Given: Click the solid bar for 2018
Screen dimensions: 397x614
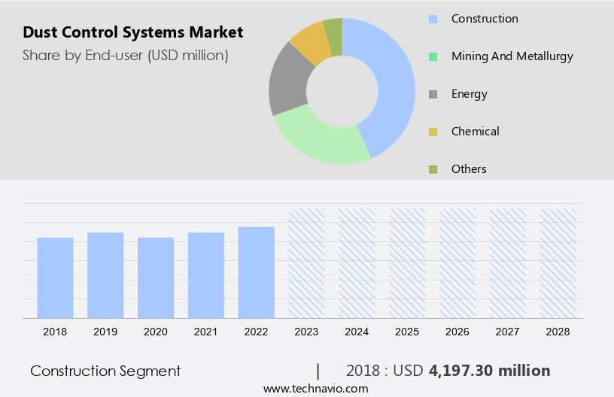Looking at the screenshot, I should [x=55, y=277].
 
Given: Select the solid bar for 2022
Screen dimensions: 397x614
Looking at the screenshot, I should [x=257, y=272].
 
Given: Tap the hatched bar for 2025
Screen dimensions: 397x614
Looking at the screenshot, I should [x=407, y=263].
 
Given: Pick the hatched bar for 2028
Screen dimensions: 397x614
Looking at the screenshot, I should [x=558, y=263].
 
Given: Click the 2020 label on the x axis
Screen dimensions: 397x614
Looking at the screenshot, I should [x=156, y=332].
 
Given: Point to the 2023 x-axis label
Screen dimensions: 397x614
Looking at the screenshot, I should [x=307, y=332].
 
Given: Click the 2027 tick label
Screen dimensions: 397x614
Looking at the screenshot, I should [x=508, y=332].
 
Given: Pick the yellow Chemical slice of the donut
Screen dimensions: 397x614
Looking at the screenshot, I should [x=310, y=42].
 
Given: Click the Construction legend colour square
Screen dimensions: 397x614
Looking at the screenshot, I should [x=433, y=19].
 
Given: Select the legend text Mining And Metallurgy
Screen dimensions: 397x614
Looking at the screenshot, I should [x=512, y=56].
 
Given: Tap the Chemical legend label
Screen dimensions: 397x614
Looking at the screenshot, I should [x=475, y=132].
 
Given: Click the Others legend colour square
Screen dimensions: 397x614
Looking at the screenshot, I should [x=433, y=169].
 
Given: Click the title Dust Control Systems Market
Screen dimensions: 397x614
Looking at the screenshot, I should [x=132, y=32].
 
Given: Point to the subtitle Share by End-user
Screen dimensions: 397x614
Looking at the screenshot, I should [x=125, y=55].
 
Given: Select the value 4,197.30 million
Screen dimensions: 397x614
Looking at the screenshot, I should [x=489, y=371].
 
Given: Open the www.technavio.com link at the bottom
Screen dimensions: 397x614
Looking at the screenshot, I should [x=315, y=388].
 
